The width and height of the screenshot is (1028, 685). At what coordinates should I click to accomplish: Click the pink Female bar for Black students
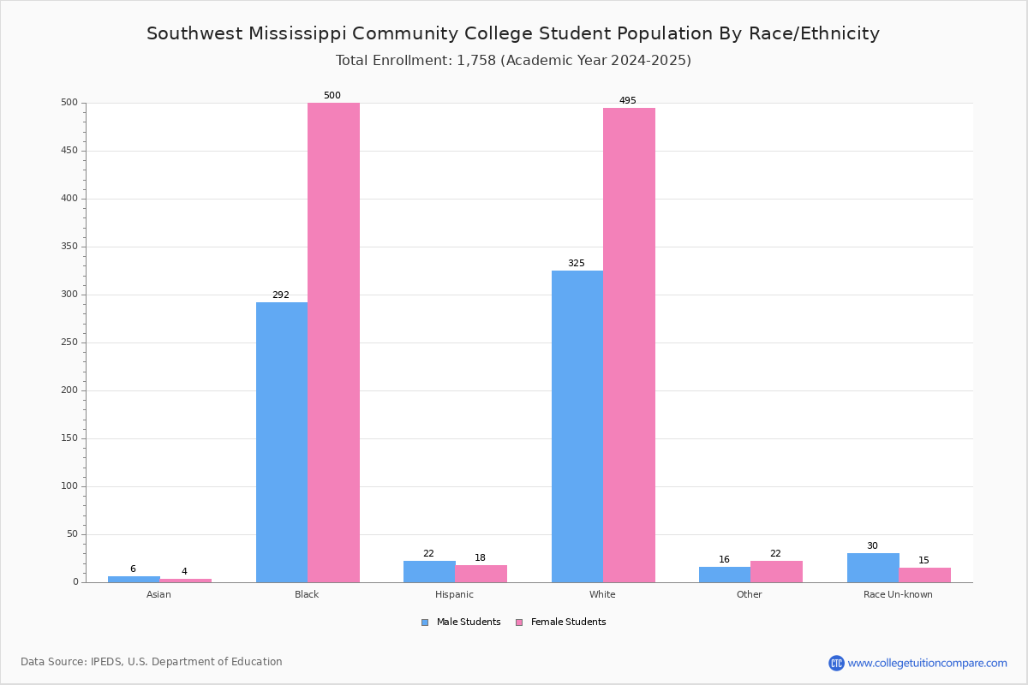[333, 342]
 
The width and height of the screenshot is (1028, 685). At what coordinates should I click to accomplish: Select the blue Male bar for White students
[577, 426]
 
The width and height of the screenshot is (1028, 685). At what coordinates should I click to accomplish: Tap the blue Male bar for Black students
[282, 443]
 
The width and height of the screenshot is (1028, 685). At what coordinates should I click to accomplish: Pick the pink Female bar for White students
[629, 345]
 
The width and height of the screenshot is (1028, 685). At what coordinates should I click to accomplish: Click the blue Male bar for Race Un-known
[873, 568]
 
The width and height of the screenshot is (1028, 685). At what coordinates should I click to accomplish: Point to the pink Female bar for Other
[776, 572]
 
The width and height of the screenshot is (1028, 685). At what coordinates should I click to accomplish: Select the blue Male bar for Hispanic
[429, 572]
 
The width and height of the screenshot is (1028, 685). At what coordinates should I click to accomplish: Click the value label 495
[628, 100]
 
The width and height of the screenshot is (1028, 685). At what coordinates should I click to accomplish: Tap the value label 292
[281, 295]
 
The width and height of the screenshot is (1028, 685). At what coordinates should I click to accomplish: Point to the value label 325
[577, 264]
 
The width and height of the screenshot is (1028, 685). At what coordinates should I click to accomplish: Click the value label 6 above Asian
[133, 569]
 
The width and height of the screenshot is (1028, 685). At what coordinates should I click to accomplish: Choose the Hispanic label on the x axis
[454, 594]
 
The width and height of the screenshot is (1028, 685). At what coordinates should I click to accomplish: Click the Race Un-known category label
[898, 594]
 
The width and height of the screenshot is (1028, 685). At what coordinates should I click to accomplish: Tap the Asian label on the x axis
[158, 594]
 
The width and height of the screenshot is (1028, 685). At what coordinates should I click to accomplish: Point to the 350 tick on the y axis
[69, 247]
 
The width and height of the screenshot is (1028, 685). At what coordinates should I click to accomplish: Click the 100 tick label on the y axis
[69, 485]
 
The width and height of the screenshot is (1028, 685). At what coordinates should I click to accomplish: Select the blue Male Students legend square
[425, 622]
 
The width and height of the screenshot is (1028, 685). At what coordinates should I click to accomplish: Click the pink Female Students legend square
[519, 622]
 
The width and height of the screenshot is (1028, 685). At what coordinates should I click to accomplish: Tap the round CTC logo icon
[836, 663]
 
